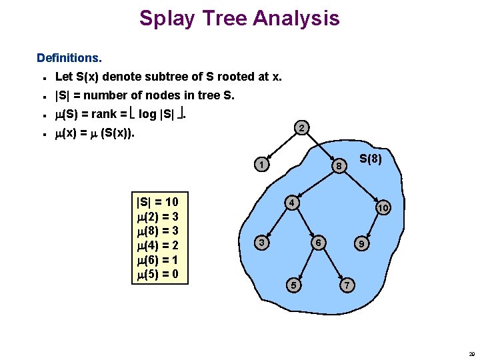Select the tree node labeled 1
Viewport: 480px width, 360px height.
point(263,165)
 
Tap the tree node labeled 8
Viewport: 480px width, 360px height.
point(339,165)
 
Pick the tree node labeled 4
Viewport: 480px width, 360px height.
point(291,202)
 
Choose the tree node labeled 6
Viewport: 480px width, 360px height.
point(320,243)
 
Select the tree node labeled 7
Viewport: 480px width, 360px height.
point(345,285)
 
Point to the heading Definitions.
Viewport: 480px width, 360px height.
point(69,59)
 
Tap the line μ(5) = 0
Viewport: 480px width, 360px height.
point(157,274)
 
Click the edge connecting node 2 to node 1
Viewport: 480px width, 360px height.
point(283,146)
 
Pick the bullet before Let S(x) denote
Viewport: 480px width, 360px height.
point(43,77)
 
